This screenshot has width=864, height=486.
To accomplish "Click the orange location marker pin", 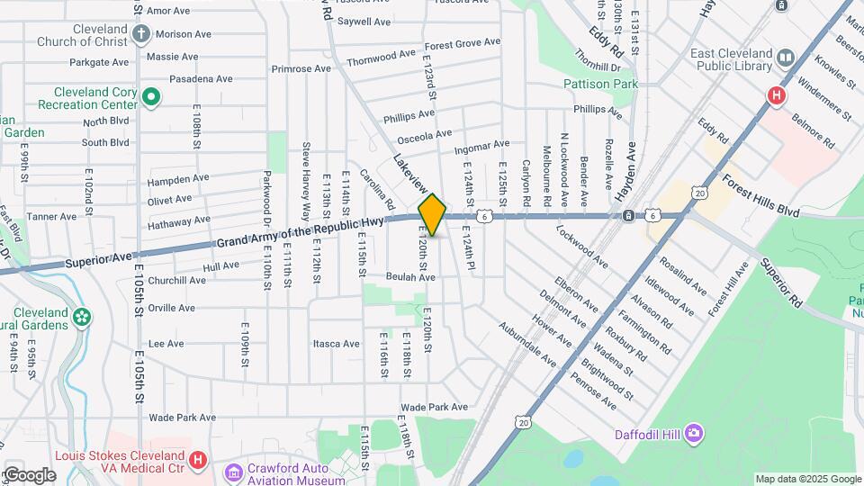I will pyautogui.click(x=433, y=214).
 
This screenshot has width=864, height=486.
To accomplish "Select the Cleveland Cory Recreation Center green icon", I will pyautogui.click(x=151, y=96).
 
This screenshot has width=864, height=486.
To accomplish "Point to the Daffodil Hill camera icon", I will pyautogui.click(x=693, y=434).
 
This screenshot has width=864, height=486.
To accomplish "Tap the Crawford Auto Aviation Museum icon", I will pyautogui.click(x=233, y=472).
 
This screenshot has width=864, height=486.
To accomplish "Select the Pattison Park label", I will pyautogui.click(x=600, y=84).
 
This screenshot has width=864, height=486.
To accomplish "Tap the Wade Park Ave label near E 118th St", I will pyautogui.click(x=435, y=407).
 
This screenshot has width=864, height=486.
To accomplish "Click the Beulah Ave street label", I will pyautogui.click(x=411, y=277).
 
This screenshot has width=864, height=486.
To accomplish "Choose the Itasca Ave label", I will pyautogui.click(x=336, y=344).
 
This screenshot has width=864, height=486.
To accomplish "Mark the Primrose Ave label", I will pyautogui.click(x=301, y=68).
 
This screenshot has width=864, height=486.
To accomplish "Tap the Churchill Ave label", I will pyautogui.click(x=178, y=280).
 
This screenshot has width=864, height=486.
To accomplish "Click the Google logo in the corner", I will pyautogui.click(x=29, y=474).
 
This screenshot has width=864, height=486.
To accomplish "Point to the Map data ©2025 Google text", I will pyautogui.click(x=807, y=479).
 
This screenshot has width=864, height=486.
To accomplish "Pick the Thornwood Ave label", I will pyautogui.click(x=382, y=57).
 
